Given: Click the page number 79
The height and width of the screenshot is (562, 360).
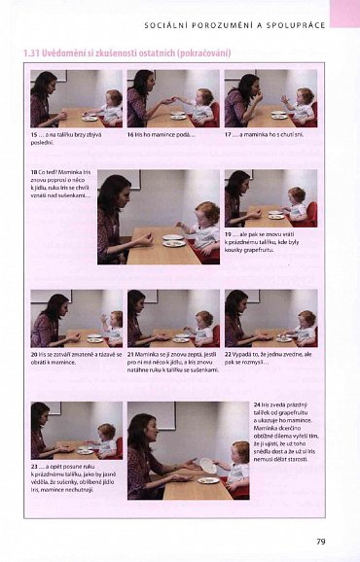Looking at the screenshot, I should (320, 541).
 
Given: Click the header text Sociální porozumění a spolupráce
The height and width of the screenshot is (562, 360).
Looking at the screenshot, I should (234, 20).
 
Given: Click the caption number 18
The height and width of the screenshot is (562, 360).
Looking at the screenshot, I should (34, 172).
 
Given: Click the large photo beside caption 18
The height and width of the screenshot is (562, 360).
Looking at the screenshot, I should (159, 219).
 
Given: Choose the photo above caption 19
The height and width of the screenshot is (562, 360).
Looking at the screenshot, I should (270, 198).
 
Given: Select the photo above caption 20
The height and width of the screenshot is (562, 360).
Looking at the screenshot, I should (76, 318).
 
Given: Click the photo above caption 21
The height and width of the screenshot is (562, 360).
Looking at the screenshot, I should (173, 318).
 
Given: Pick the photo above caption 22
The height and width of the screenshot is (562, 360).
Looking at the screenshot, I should (270, 318).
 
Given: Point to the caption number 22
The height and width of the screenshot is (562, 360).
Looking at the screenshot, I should (229, 353).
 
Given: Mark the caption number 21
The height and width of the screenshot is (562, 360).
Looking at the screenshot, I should (131, 353).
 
